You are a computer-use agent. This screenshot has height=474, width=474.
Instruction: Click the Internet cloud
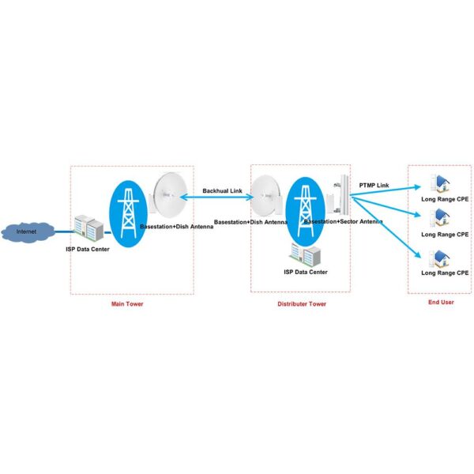[27, 231]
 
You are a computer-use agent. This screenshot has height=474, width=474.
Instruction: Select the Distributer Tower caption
[301, 303]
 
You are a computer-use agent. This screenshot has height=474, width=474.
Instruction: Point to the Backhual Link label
[223, 190]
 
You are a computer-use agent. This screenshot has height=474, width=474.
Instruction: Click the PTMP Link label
[374, 185]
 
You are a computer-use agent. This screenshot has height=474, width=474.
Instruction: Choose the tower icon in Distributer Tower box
[304, 207]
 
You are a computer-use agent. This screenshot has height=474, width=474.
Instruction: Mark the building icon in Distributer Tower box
[306, 254]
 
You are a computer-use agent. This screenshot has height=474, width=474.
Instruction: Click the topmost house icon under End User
[435, 184]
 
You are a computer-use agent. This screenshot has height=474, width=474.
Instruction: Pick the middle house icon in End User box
[435, 220]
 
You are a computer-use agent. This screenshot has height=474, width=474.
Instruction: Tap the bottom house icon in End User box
[435, 259]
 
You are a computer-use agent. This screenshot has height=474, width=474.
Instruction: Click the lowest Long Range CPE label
[445, 273]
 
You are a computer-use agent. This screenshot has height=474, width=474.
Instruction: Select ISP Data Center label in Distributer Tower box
[306, 272]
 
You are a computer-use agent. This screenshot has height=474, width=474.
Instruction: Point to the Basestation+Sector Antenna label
[344, 222]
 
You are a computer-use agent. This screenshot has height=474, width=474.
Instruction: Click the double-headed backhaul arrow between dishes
[217, 197]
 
